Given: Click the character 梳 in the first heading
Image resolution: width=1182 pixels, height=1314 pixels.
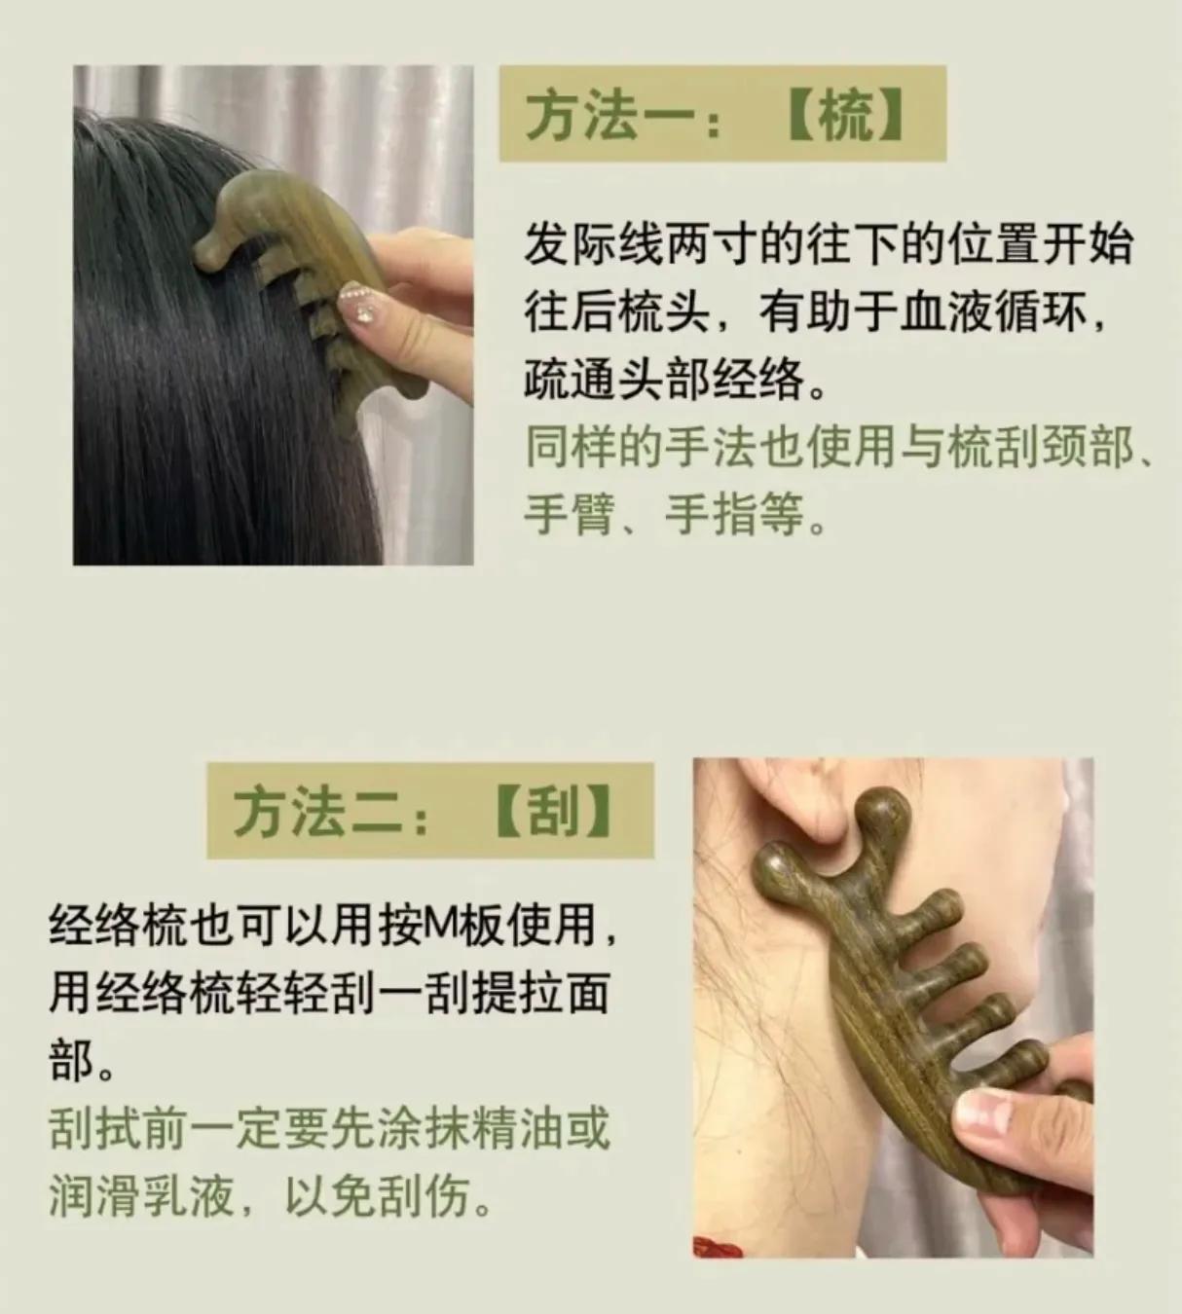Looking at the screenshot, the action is pos(846,117).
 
